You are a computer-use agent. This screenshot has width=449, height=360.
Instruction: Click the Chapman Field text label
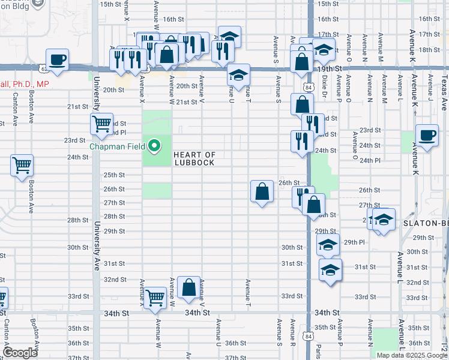point(118,146)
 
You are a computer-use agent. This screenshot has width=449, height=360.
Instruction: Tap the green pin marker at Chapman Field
point(155,146)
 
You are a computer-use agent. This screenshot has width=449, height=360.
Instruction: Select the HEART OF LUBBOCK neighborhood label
point(194,158)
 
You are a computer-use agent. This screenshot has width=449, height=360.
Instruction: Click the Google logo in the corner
point(20,352)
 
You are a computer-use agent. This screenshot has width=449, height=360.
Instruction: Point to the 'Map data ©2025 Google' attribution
point(412,355)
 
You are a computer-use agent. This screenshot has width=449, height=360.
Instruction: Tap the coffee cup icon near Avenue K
point(427,136)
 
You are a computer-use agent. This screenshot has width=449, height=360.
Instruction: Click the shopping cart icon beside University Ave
point(101,124)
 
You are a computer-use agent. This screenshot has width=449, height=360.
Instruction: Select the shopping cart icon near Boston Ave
point(22,166)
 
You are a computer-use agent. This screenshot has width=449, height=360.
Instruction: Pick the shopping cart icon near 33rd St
point(155,297)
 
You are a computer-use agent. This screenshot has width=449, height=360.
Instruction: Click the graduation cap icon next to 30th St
point(328,245)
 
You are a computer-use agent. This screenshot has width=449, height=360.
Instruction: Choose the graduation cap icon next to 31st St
point(330,270)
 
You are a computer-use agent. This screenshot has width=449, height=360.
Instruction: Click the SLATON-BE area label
point(426,223)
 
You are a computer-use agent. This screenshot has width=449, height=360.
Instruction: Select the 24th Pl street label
point(369,160)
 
